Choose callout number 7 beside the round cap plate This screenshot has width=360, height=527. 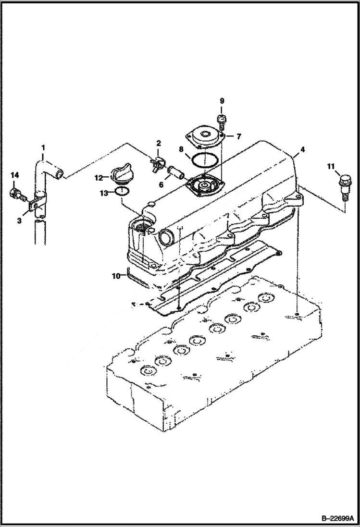[238, 136]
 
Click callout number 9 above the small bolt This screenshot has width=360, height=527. [222, 100]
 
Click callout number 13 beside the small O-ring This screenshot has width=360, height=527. [103, 193]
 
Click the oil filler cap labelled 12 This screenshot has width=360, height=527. [122, 175]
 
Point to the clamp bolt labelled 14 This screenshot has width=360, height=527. [17, 194]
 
